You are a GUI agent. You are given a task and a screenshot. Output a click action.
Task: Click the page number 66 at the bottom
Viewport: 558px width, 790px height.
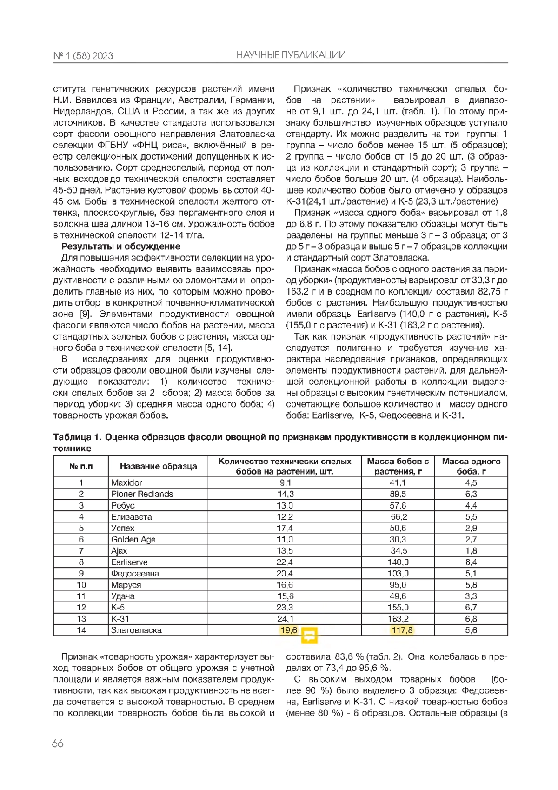point(58,743)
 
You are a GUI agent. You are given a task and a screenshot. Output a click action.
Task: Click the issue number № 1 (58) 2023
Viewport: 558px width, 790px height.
point(83,56)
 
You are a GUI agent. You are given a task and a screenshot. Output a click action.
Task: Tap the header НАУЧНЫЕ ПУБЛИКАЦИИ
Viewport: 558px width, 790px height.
point(291,55)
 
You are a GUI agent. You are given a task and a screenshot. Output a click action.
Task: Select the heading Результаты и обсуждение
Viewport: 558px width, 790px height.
point(120,247)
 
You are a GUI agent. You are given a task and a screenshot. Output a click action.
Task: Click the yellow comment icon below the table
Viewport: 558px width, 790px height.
point(309,635)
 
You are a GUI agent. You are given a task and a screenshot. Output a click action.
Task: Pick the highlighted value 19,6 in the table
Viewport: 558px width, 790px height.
point(288,630)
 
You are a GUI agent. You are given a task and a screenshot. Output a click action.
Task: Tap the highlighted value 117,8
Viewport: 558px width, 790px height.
point(402,630)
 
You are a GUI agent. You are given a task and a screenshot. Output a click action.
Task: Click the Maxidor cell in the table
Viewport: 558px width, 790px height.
point(126,482)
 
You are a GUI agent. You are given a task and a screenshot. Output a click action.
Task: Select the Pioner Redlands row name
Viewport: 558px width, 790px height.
point(142,494)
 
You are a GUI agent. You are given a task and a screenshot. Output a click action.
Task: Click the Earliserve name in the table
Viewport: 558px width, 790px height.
point(129,562)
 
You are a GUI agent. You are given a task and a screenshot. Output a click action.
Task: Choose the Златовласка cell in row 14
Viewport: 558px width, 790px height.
point(136,630)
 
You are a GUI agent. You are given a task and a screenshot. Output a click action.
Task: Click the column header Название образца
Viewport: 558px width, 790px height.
point(158,466)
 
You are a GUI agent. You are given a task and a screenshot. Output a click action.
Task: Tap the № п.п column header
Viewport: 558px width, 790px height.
point(81,466)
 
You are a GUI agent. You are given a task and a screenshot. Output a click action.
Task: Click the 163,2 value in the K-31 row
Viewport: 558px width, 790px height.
point(398,619)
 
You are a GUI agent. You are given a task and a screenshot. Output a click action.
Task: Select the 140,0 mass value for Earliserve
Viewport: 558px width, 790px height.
point(398,562)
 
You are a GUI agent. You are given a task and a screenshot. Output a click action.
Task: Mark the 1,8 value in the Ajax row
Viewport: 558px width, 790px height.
point(471,551)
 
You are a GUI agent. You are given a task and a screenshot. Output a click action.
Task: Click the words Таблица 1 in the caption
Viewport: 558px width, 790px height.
point(77,437)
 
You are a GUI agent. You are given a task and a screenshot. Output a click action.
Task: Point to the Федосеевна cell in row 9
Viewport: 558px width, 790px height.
point(135,574)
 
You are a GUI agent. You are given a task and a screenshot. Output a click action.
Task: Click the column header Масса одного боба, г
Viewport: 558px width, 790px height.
point(471,466)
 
